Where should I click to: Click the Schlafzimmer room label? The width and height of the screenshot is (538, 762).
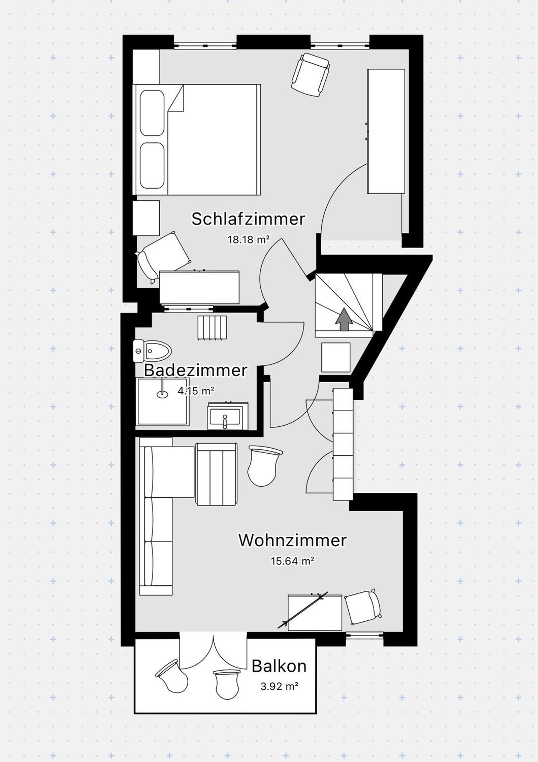[248, 219]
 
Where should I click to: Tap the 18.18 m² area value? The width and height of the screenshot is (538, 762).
[248, 240]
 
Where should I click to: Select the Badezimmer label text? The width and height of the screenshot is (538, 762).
[195, 370]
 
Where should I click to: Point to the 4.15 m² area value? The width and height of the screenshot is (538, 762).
[196, 391]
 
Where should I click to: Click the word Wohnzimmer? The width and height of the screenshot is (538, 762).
[292, 540]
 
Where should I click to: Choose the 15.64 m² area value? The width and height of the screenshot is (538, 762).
[292, 561]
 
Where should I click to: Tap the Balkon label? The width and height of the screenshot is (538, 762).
[279, 666]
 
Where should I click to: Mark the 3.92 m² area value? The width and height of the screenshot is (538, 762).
[279, 687]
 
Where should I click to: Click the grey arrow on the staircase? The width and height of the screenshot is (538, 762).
[344, 319]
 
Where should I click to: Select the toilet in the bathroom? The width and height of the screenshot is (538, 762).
[152, 351]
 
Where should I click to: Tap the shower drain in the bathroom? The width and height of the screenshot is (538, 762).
[162, 394]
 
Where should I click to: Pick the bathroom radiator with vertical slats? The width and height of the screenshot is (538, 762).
[212, 327]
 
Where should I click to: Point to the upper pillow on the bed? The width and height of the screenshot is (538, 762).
[152, 113]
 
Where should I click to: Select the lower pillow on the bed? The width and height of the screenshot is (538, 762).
[152, 165]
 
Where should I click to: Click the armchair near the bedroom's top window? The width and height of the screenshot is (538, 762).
[311, 75]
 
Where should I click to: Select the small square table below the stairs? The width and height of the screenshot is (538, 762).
[336, 358]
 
